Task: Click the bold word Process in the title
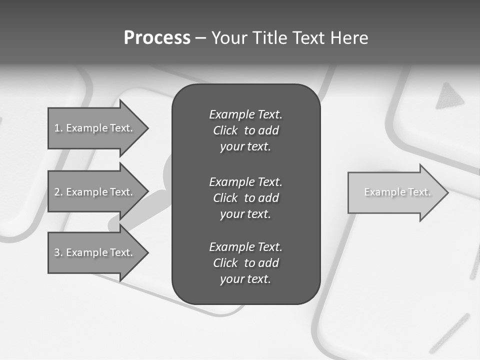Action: (157, 37)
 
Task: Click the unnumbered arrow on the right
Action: (395, 192)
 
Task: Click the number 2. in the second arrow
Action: (58, 192)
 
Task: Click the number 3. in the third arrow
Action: (58, 252)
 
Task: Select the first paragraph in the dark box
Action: (245, 130)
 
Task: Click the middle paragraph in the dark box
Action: (245, 197)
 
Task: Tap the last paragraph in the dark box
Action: (245, 263)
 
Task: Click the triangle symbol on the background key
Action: (449, 97)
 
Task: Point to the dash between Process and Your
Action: (200, 38)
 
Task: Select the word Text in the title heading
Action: (309, 37)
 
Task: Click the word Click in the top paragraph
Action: (225, 130)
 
